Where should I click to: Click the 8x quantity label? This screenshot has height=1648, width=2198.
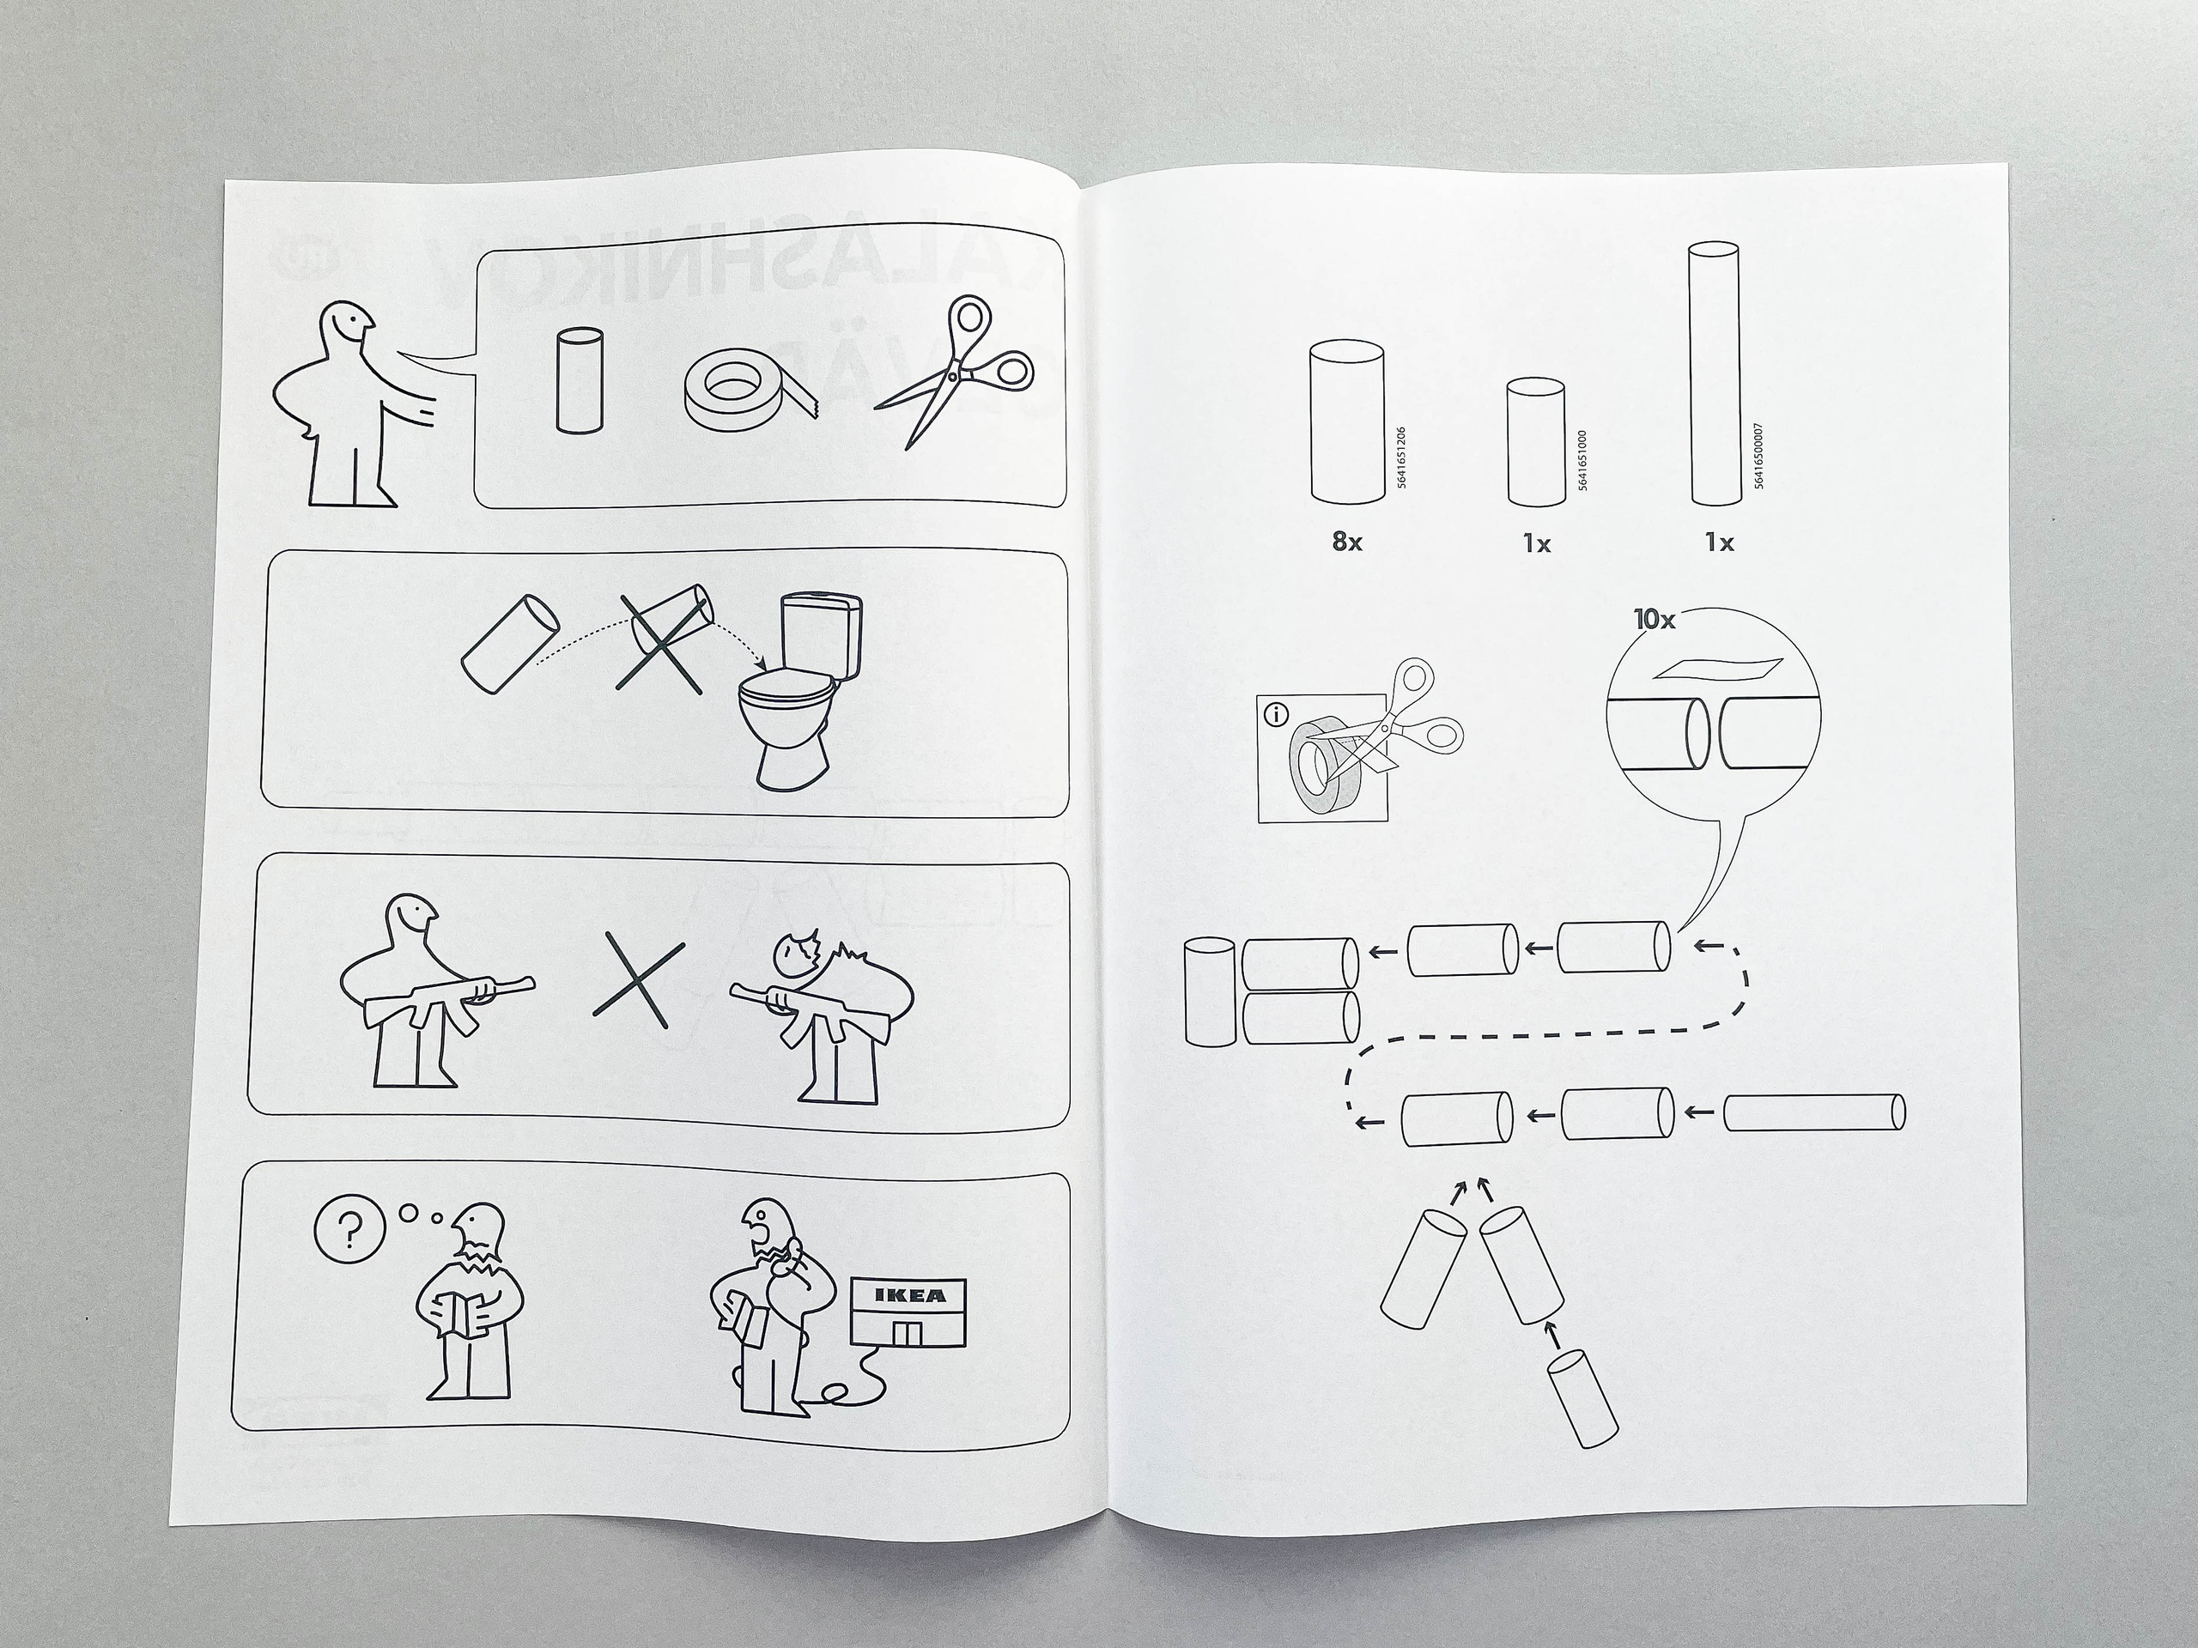pyautogui.click(x=1346, y=542)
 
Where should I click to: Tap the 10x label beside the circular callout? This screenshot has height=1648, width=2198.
pyautogui.click(x=1655, y=619)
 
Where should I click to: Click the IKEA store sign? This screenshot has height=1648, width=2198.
pyautogui.click(x=909, y=1295)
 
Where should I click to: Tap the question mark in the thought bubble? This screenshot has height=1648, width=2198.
pyautogui.click(x=349, y=1233)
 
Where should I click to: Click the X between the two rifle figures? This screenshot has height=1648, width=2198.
pyautogui.click(x=638, y=985)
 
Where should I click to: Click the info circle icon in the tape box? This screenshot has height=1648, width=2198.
pyautogui.click(x=1276, y=713)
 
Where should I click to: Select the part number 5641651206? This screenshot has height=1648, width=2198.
pyautogui.click(x=1401, y=457)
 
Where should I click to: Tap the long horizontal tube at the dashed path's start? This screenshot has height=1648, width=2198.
pyautogui.click(x=1812, y=1112)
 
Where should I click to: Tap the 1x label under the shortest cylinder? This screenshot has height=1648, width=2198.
pyautogui.click(x=1536, y=543)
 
